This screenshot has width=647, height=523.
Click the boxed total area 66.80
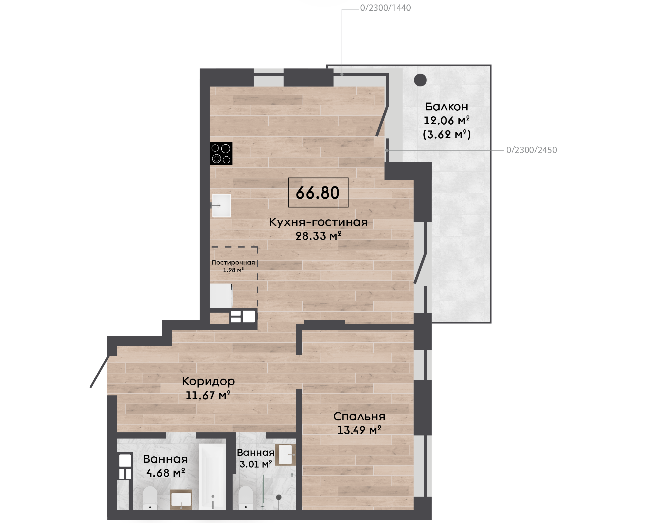click(x=318, y=193)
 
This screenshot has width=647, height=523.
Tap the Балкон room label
click(x=447, y=107)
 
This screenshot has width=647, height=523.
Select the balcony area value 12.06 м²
click(x=447, y=120)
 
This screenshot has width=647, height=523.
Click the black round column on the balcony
click(x=420, y=80)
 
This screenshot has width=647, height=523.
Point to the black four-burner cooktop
click(x=221, y=153)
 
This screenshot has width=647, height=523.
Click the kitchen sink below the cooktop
click(x=221, y=205)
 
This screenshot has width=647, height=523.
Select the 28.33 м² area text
click(x=318, y=236)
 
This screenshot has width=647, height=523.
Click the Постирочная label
click(x=233, y=262)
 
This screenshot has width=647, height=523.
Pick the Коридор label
click(x=208, y=382)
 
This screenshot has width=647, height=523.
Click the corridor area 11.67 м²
click(x=208, y=395)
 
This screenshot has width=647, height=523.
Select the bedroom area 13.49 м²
click(x=359, y=430)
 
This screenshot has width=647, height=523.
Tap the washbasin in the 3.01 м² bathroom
click(x=285, y=454)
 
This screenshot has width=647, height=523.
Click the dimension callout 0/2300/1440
click(x=385, y=8)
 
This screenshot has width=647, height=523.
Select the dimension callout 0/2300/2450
click(x=531, y=150)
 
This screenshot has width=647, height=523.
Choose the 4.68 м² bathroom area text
click(x=165, y=473)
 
